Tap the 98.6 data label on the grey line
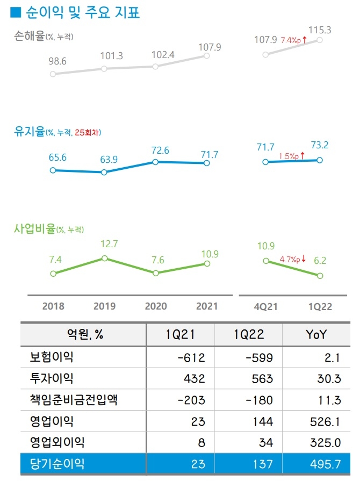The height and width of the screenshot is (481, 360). (x=57, y=61)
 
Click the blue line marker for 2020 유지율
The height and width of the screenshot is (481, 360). (x=155, y=162)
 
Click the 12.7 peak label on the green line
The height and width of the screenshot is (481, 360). (x=109, y=244)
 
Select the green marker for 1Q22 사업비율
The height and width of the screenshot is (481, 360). (x=320, y=276)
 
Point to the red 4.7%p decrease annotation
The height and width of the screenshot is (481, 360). (x=293, y=260)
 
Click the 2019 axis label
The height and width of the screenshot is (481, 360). (x=104, y=306)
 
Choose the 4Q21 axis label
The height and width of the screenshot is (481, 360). (x=265, y=306)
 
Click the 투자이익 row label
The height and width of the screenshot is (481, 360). (x=52, y=378)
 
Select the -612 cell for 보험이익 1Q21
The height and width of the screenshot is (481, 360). (x=191, y=357)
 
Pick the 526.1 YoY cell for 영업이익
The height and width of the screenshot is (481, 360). (x=326, y=421)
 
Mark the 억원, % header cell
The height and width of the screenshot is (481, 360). (x=83, y=335)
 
